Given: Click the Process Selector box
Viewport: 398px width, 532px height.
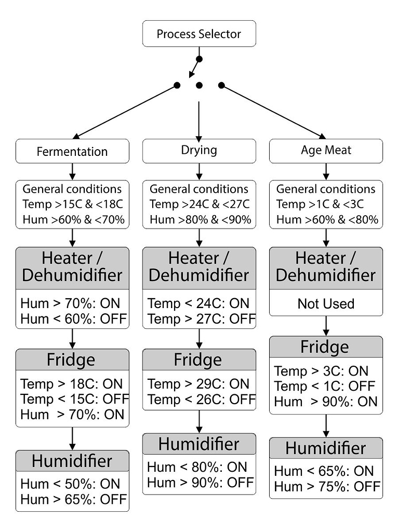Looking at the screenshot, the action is pos(199,34).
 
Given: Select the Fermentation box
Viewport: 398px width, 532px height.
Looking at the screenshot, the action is pos(72,151).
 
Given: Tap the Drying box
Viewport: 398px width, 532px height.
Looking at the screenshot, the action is pos(199,151).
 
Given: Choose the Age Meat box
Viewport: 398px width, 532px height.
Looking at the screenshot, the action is pos(326,151).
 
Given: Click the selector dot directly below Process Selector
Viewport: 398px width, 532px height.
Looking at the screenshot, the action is pos(199,59).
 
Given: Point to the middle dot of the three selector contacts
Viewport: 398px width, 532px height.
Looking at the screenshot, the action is pos(199,85).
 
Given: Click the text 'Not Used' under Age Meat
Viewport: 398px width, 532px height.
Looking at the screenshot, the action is pos(326,303).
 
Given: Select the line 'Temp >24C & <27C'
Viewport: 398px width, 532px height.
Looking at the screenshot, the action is pos(200,204).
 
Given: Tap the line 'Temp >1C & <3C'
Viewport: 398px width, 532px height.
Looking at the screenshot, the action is pos(320,204).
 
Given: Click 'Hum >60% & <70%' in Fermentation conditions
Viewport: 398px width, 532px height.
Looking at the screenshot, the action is pos(74,220).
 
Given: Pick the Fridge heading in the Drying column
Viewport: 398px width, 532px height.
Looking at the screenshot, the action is pos(198,360).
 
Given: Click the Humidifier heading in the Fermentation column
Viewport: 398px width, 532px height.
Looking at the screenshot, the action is pos(72,461).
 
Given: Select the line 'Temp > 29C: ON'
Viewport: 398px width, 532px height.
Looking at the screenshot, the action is pos(198,384).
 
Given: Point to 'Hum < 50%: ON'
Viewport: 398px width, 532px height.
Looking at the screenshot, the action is pos(70,484).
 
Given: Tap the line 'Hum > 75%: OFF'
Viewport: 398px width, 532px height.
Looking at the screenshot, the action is pos(327,486).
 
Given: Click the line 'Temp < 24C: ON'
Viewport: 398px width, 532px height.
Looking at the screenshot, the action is pos(198,303).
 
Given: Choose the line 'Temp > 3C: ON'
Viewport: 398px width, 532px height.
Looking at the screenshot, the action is pos(321,371).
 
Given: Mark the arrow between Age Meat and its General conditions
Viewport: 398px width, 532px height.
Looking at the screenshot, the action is pos(326,171).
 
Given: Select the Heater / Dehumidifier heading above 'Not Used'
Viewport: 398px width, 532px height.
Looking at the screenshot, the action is pos(326,267).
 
